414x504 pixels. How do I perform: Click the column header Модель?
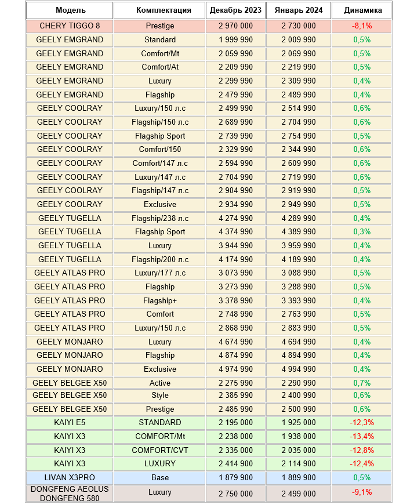(70, 10)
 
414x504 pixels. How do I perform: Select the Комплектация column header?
(159, 10)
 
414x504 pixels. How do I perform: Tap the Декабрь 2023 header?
(235, 10)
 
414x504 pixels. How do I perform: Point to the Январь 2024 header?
(299, 10)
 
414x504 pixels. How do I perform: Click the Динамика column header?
(362, 10)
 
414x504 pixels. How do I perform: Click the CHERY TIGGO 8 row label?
(70, 26)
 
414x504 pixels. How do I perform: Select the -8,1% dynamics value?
(362, 26)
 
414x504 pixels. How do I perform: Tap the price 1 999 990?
(235, 40)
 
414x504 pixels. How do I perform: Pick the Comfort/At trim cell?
(159, 67)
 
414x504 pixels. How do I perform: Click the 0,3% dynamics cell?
(362, 232)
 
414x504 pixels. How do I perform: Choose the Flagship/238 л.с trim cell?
(159, 218)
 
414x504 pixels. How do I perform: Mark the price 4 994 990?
(299, 369)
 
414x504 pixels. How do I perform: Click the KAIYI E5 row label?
(70, 423)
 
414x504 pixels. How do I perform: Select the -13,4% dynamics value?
(362, 437)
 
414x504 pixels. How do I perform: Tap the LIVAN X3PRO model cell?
(70, 478)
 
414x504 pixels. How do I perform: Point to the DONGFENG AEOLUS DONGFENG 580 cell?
(70, 494)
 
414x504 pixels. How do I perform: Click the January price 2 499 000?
(299, 494)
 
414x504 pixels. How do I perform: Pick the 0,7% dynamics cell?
(362, 383)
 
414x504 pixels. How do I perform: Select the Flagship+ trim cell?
(159, 300)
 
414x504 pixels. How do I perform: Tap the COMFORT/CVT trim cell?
(159, 450)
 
